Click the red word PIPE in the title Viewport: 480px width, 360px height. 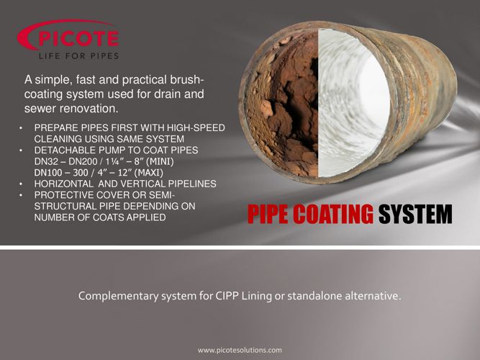272,215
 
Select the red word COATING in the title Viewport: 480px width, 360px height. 337,215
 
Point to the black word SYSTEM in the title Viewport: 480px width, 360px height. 416,215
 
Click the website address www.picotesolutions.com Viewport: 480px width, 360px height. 240,350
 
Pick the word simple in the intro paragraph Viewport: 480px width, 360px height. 53,80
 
